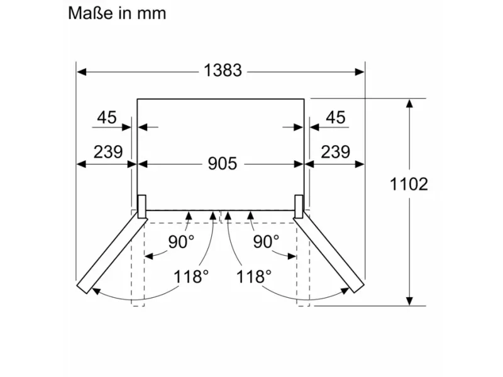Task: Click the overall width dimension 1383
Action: (223, 70)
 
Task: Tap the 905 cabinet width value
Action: (223, 163)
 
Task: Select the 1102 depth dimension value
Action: (409, 184)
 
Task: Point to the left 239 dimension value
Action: (108, 151)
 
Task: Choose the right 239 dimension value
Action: (335, 151)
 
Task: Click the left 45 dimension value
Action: (107, 117)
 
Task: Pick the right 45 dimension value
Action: (336, 117)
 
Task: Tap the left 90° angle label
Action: (181, 242)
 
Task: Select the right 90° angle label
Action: (266, 242)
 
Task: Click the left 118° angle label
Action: (191, 276)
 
